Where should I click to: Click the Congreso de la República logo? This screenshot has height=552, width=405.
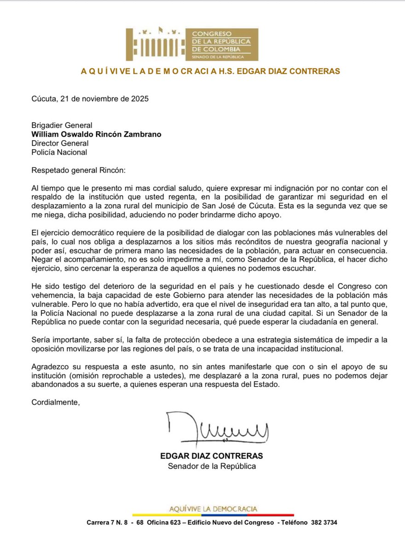click(x=192, y=45)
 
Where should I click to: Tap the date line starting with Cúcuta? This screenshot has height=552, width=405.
click(x=90, y=99)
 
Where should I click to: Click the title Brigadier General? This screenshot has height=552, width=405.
click(x=62, y=125)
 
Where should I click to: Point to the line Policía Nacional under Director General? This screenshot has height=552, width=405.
click(x=59, y=152)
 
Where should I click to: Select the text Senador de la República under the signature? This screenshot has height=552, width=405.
click(x=211, y=466)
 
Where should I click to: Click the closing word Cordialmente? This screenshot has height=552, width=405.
click(x=55, y=402)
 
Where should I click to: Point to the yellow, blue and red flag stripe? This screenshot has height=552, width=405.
click(x=212, y=515)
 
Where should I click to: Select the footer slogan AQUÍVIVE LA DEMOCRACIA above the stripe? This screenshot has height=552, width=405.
click(x=213, y=509)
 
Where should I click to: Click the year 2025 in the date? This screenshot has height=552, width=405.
click(x=139, y=99)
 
